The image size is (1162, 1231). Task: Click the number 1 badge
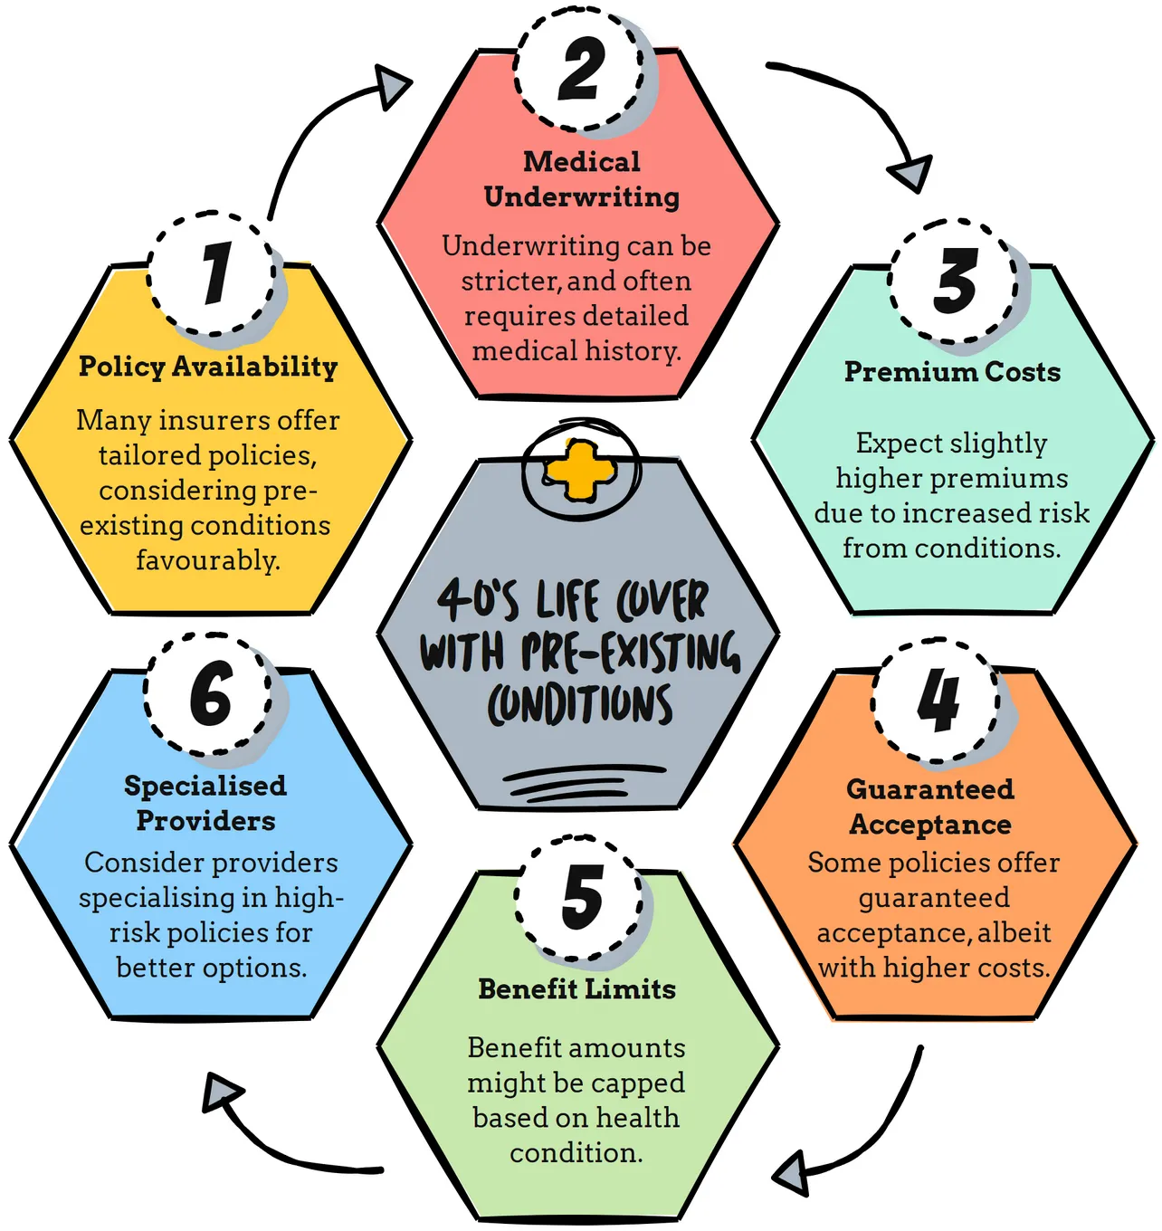pos(212,273)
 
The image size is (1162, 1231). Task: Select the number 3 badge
pos(953,281)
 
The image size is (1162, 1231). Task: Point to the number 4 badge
pos(936,701)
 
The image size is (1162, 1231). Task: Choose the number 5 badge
pos(579,897)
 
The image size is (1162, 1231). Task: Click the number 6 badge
pos(209,694)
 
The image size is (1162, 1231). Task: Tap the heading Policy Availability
pos(208,367)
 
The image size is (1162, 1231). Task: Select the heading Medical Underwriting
pos(581,180)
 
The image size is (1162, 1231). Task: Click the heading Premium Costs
pos(953,372)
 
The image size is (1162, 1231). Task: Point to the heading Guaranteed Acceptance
pos(930,806)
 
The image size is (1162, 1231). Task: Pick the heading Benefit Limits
pos(577,988)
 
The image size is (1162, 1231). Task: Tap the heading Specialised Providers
pos(205,803)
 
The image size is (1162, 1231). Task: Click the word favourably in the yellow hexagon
pos(208,561)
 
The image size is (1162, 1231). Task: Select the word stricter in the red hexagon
pos(511,282)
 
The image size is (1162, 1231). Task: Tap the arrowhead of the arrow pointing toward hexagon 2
pos(392,88)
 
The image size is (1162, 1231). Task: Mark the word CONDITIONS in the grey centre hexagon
pos(579,706)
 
